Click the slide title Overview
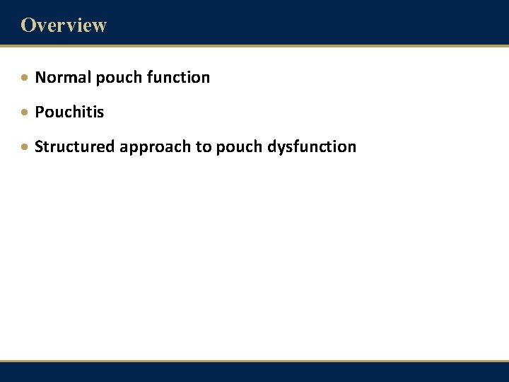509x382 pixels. point(64,25)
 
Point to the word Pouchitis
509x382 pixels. point(69,112)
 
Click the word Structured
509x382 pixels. point(75,146)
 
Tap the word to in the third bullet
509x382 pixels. point(203,146)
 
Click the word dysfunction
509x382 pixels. point(312,147)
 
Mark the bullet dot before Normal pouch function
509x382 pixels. point(25,78)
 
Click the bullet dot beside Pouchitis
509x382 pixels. point(25,112)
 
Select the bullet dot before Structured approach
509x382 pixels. point(25,147)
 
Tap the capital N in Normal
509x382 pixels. point(40,77)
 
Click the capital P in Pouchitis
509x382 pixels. point(39,112)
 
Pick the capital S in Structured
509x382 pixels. point(39,146)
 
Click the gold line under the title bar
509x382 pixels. point(255,47)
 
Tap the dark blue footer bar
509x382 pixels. point(255,374)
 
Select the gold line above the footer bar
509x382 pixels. point(255,362)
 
